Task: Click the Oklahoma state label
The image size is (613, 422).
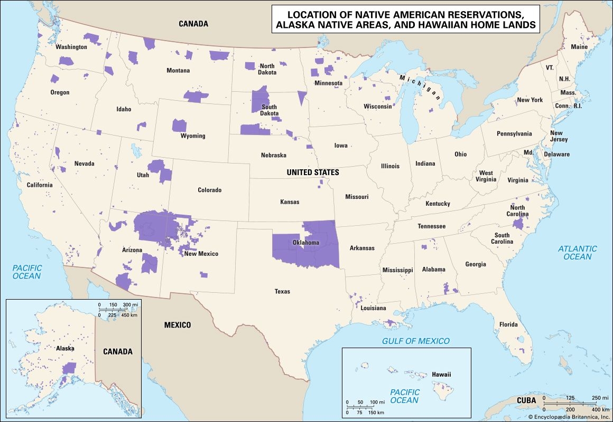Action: [x=305, y=243]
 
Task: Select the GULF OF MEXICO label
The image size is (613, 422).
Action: [x=416, y=341]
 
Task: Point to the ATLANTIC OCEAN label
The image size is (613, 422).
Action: [x=578, y=253]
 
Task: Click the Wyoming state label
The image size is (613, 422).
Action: [x=193, y=136]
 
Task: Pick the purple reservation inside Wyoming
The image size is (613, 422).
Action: [x=180, y=126]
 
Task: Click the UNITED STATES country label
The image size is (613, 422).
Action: [x=313, y=172]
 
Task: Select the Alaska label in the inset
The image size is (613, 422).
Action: [x=66, y=348]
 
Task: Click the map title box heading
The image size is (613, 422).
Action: [x=405, y=19]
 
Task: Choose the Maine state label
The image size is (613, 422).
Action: [x=579, y=47]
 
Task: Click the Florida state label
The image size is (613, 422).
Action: [x=509, y=324]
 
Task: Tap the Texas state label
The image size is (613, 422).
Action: [x=282, y=291]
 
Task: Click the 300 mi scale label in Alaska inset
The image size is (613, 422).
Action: [x=131, y=305]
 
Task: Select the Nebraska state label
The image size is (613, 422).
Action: [x=273, y=155]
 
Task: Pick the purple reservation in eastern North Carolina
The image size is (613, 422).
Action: [x=518, y=224]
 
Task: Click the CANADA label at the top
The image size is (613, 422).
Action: [x=193, y=24]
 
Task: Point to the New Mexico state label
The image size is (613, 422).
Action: [x=201, y=254]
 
